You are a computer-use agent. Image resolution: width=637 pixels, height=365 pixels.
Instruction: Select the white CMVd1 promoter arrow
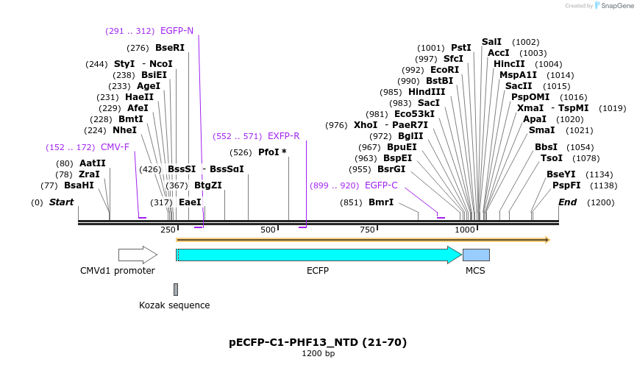138,255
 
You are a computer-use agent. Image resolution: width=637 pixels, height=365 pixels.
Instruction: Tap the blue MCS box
476,255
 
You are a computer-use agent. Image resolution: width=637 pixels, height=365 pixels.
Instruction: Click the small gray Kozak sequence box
176,289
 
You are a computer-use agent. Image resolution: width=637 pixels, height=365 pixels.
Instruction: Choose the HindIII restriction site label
427,92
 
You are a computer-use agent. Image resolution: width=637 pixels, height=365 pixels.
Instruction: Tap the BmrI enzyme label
381,202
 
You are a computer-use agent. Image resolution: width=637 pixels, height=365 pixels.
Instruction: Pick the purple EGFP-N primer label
177,31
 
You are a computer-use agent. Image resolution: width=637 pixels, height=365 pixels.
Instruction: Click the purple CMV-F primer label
115,147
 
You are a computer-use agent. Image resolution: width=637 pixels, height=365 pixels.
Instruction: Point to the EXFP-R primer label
283,136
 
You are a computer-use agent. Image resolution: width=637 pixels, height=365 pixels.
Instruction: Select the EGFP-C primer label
381,185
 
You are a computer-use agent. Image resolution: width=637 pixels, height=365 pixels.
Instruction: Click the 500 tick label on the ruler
268,230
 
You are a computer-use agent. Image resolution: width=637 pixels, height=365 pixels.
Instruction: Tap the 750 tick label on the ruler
367,230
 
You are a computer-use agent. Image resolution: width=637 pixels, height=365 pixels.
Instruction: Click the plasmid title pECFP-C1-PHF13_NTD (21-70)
318,342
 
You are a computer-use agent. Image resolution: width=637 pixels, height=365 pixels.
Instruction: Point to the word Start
62,202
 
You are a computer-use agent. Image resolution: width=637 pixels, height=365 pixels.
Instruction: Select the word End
567,202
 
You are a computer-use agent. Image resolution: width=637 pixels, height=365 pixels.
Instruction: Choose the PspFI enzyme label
566,185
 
